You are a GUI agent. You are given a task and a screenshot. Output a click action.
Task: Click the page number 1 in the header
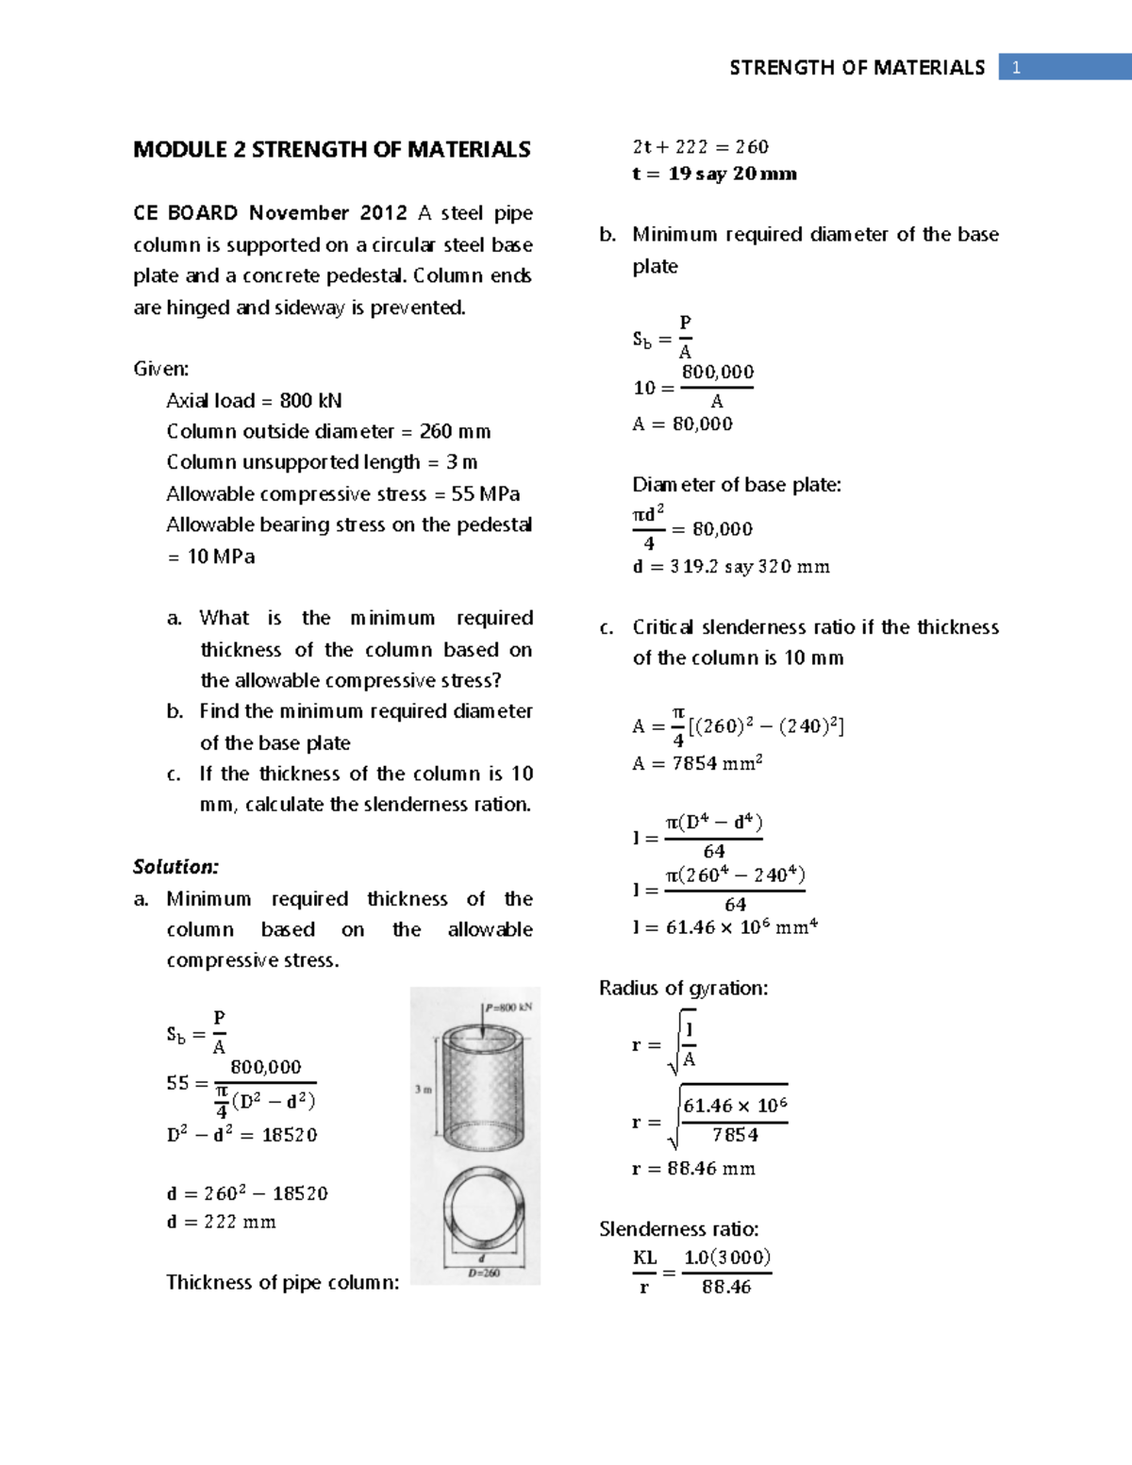point(1016,67)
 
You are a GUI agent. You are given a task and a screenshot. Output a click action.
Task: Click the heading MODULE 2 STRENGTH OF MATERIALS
point(331,150)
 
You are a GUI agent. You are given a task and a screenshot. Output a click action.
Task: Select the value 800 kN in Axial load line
point(310,401)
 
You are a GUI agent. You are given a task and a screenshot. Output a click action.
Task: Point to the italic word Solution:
point(175,867)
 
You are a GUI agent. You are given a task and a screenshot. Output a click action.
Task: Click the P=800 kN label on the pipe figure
point(509,1007)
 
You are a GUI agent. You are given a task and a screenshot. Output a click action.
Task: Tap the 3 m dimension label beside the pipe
point(423,1090)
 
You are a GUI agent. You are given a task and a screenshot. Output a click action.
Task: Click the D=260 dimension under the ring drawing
point(484,1273)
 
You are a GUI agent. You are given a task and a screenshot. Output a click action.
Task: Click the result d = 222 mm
point(222,1223)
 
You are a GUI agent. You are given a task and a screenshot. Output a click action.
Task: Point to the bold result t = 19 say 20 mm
point(714,174)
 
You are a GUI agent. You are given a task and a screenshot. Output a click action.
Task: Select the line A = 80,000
point(682,425)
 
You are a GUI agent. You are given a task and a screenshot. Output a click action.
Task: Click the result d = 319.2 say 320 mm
point(731,567)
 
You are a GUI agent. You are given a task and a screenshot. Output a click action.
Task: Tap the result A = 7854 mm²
point(697,763)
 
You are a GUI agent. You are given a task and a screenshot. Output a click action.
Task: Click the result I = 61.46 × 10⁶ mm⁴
point(724,927)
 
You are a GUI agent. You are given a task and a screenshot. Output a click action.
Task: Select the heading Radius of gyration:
point(683,989)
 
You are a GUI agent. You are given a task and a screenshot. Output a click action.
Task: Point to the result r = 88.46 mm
point(693,1169)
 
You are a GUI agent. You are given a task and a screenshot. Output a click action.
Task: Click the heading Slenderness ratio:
point(678,1229)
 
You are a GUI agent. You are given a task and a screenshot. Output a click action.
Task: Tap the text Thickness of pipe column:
point(282,1283)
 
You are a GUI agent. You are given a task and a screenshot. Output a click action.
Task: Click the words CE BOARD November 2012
point(270,213)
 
